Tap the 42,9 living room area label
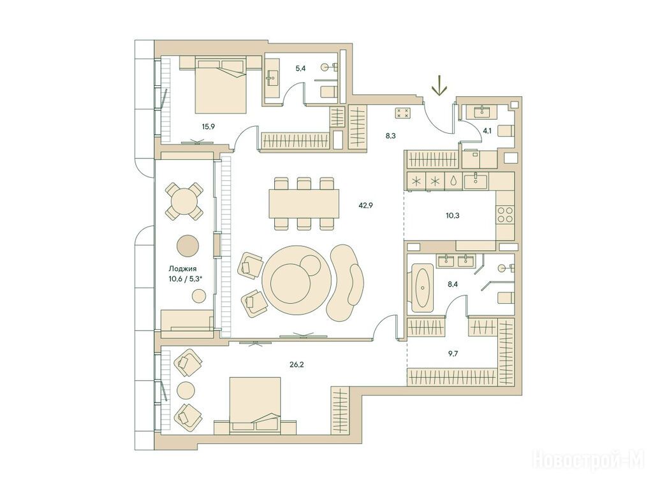point(365,204)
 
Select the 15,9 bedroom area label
point(209,127)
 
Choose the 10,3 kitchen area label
point(452,216)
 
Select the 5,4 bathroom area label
point(301,69)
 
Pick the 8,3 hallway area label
point(390,135)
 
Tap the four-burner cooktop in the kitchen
point(504,215)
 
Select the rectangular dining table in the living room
point(304,203)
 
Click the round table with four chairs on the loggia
point(184,202)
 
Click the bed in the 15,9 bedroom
point(220,86)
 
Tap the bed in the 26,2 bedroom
point(255,405)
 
